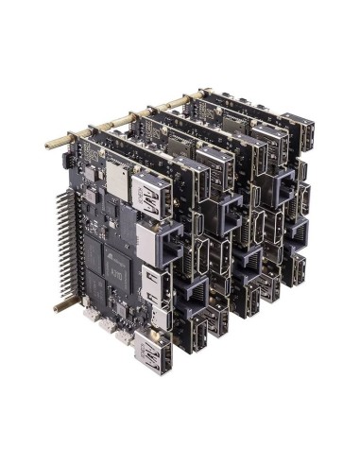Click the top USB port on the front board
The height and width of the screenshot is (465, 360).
tap(151, 202)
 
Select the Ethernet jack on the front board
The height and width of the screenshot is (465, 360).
tap(154, 243)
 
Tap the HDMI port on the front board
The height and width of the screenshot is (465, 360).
tap(155, 284)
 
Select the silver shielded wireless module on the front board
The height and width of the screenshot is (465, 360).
tap(118, 175)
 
